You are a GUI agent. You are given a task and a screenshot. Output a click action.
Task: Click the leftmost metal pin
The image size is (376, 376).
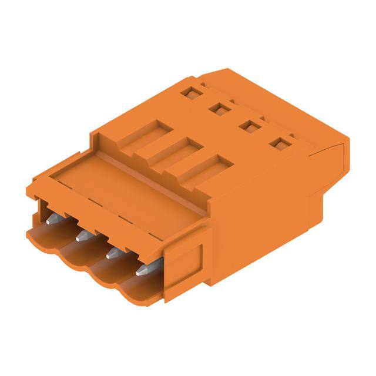click(52, 219)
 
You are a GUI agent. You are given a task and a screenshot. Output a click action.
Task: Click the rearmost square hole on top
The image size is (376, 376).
click(189, 92)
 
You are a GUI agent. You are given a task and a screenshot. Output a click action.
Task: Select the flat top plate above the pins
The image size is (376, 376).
click(117, 188)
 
